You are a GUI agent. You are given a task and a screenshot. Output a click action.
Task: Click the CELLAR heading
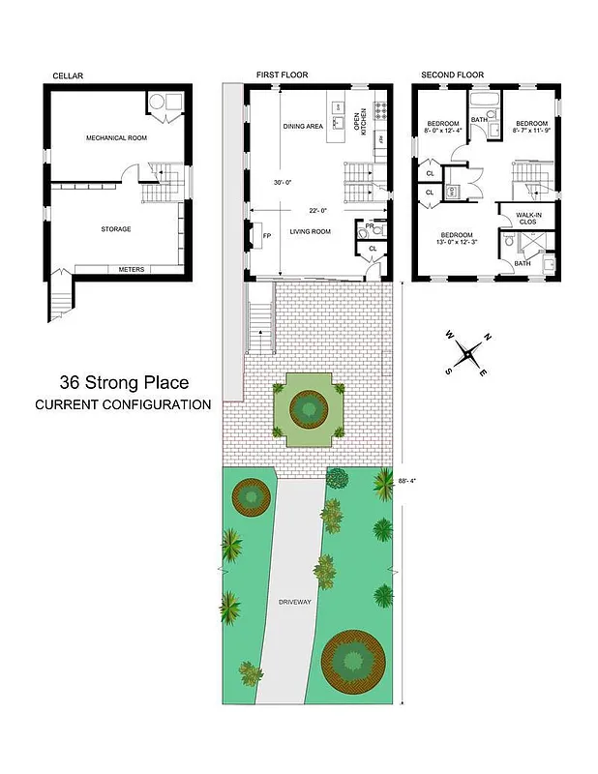[68, 75]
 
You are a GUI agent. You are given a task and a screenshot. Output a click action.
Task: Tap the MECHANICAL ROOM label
[116, 138]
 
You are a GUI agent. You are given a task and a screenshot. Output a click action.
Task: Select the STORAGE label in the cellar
[116, 229]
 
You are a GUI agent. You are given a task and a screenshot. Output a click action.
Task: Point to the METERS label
[131, 269]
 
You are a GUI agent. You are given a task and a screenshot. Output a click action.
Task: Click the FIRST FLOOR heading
[282, 75]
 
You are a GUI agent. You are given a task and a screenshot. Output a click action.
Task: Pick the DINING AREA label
[303, 127]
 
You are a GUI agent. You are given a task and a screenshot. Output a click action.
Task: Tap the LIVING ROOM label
[311, 232]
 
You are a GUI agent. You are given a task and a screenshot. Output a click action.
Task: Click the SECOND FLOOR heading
[451, 75]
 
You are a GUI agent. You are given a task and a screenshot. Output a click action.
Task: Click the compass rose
[468, 354]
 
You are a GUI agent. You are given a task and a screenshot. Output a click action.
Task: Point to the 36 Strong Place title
[123, 383]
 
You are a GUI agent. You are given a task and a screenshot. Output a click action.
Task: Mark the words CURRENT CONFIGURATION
[123, 404]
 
